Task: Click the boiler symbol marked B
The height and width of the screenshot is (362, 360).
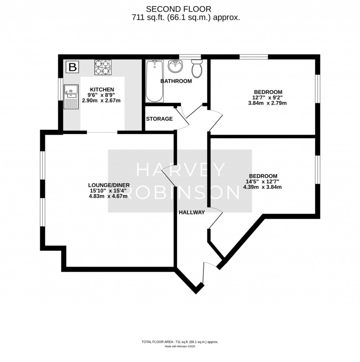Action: pyautogui.click(x=72, y=67)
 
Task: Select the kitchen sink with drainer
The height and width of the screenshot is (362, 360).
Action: pyautogui.click(x=70, y=97)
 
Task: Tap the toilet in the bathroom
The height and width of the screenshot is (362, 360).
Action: pyautogui.click(x=197, y=68)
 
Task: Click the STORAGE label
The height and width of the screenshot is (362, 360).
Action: pyautogui.click(x=159, y=119)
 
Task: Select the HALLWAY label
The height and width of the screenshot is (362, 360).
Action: pyautogui.click(x=192, y=212)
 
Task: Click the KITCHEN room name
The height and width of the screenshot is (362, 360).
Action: pyautogui.click(x=102, y=89)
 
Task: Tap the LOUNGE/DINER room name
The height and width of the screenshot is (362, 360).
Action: pyautogui.click(x=109, y=185)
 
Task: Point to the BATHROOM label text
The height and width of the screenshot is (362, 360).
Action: pyautogui.click(x=176, y=81)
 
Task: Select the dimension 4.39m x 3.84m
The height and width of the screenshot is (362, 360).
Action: pyautogui.click(x=263, y=187)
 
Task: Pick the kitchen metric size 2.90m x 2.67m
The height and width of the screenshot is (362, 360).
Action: pyautogui.click(x=102, y=101)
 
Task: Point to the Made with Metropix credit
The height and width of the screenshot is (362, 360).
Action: pyautogui.click(x=180, y=346)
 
